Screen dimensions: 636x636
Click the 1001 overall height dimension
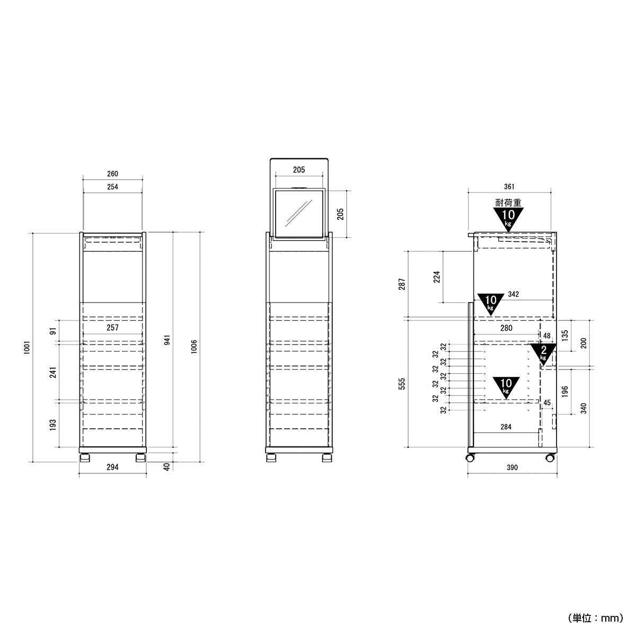[x=27, y=348]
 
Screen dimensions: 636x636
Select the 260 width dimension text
[x=112, y=174]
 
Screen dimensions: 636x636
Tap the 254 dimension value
[x=112, y=187]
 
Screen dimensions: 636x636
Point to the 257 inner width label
[x=112, y=328]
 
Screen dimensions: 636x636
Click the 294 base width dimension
[x=112, y=467]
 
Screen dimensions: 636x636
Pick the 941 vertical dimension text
[x=167, y=340]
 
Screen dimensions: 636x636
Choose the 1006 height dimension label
[x=194, y=347]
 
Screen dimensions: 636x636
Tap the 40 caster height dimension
[x=167, y=467]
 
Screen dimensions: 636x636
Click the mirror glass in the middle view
[x=299, y=214]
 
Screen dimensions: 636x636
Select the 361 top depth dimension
[x=509, y=187]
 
